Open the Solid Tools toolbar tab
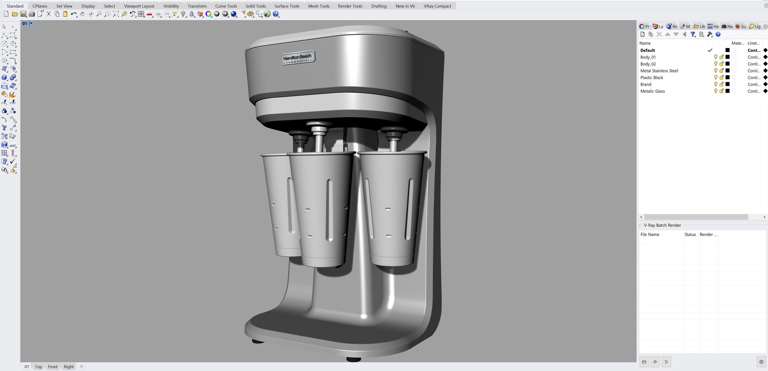click(256, 6)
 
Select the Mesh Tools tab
click(319, 6)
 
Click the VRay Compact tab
click(437, 6)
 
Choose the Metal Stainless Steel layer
click(659, 71)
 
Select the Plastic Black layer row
click(652, 78)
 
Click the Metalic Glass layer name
click(652, 91)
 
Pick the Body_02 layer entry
click(648, 64)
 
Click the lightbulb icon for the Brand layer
click(716, 84)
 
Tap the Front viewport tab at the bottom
click(53, 367)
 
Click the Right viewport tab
click(69, 367)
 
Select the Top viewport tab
click(38, 367)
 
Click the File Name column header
click(650, 235)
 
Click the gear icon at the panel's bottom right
click(761, 362)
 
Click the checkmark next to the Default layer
click(710, 50)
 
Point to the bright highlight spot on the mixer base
click(364, 316)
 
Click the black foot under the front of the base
click(353, 359)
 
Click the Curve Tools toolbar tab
click(226, 6)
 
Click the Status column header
click(690, 235)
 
